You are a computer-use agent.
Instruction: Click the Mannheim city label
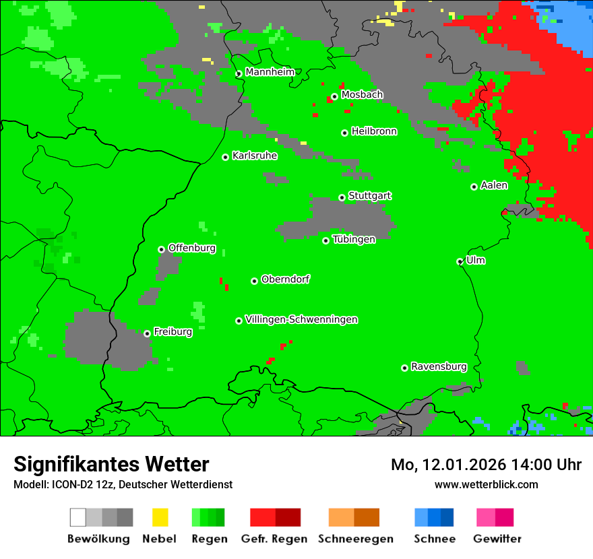tap(270, 72)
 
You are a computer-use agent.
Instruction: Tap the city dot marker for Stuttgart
tap(342, 197)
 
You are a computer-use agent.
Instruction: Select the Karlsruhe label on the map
tap(254, 156)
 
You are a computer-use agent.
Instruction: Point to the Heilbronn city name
tap(374, 131)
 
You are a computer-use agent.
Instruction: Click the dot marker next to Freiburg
tap(147, 333)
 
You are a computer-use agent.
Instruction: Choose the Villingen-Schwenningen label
tap(301, 319)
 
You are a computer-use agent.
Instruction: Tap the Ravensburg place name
tap(439, 366)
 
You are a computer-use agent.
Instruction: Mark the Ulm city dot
tap(460, 261)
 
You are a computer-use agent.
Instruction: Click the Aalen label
tap(494, 185)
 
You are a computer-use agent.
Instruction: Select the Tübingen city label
tap(354, 239)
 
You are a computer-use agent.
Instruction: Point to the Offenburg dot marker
tap(161, 249)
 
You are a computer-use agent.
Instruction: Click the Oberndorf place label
tap(285, 279)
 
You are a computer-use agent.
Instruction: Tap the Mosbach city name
tap(362, 95)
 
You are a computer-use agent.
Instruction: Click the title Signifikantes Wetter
tap(111, 464)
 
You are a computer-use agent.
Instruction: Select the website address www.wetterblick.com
tap(486, 484)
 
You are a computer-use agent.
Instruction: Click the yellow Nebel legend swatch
tap(160, 517)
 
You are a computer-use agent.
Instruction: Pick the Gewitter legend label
tap(497, 539)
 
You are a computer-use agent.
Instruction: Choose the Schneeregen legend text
tap(355, 539)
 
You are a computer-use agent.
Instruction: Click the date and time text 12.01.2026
tap(486, 465)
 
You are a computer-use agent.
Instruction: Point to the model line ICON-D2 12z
tap(123, 484)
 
